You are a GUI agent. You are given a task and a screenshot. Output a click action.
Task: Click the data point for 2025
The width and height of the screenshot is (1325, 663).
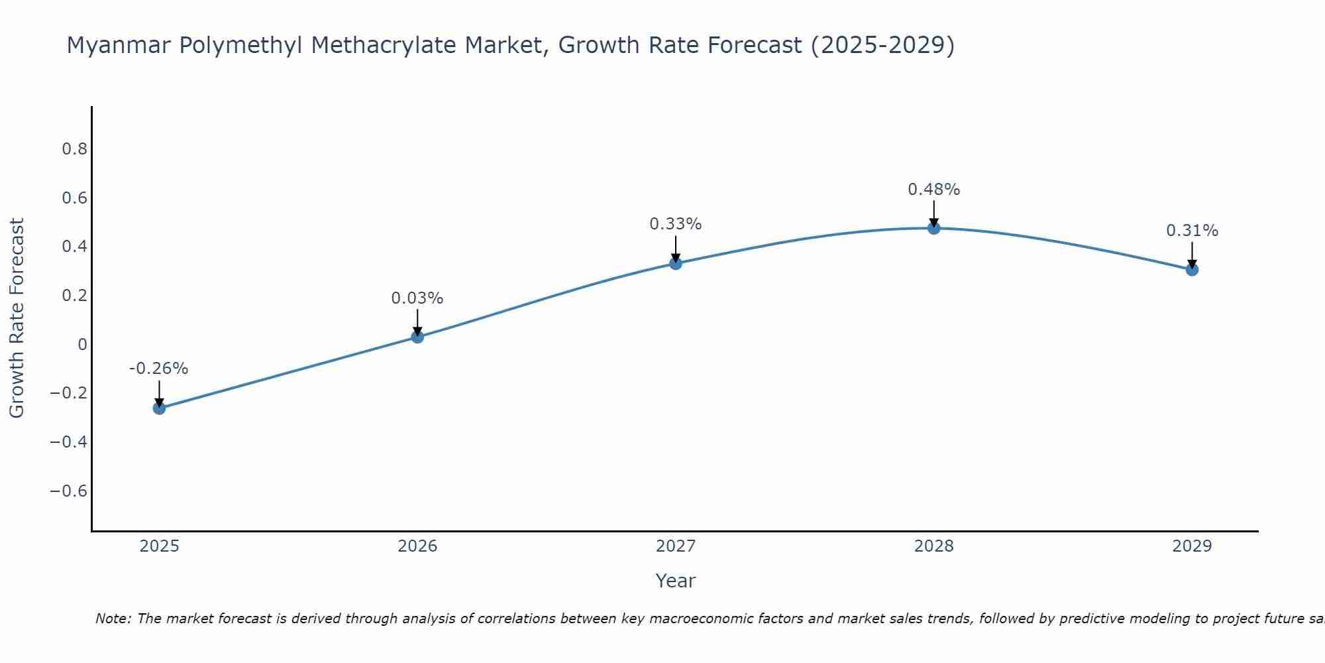(159, 408)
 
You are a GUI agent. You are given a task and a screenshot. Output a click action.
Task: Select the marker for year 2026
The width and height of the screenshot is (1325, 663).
(417, 337)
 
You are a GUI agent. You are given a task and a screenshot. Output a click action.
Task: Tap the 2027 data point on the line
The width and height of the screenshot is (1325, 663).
(676, 263)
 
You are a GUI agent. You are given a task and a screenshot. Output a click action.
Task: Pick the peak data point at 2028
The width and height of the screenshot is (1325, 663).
(934, 228)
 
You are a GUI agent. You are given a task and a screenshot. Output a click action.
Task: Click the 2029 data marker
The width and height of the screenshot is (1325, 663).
(1192, 269)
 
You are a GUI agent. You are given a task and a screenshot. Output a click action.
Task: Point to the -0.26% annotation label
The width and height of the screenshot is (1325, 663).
(159, 369)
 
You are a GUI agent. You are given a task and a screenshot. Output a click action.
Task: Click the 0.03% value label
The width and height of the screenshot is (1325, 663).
(417, 298)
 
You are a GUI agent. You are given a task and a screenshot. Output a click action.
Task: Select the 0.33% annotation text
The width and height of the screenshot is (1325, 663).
(676, 224)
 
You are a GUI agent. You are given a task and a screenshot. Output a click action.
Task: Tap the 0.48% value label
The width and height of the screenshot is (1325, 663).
(934, 190)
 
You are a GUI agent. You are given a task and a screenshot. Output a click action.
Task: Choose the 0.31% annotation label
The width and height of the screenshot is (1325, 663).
(1192, 231)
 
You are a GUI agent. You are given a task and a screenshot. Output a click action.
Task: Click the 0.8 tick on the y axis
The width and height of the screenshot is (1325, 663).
(74, 149)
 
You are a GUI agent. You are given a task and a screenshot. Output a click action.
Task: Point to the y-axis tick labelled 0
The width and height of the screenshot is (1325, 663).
(82, 344)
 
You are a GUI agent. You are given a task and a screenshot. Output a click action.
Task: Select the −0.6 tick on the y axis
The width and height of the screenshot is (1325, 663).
(68, 491)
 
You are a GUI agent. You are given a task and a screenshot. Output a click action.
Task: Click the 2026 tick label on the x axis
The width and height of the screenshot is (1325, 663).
(417, 546)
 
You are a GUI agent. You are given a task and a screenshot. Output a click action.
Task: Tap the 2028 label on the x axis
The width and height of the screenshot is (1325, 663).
(934, 546)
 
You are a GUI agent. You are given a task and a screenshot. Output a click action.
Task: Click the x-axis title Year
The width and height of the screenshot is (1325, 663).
(675, 581)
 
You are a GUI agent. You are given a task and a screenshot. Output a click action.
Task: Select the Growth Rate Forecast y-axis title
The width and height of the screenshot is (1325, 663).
(17, 318)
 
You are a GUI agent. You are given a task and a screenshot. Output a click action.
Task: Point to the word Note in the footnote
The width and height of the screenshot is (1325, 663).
(113, 619)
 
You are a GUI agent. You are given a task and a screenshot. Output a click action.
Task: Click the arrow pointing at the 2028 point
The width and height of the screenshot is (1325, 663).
(934, 213)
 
